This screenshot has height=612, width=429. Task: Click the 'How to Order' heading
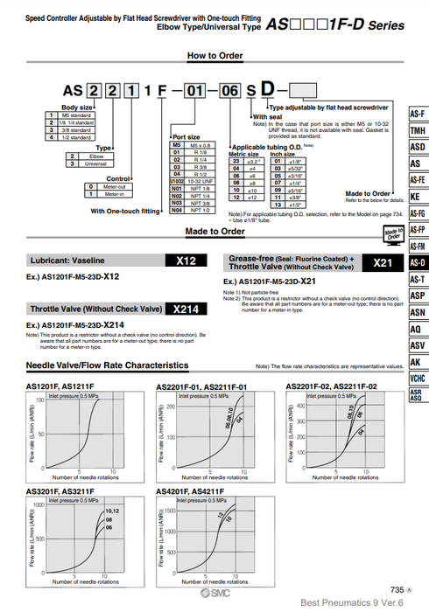pos(214,56)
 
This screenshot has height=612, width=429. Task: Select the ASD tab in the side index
pos(418,147)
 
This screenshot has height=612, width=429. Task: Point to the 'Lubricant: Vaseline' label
pos(63,261)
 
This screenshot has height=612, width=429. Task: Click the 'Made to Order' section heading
pos(214,232)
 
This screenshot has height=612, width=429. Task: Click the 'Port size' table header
pos(186,137)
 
